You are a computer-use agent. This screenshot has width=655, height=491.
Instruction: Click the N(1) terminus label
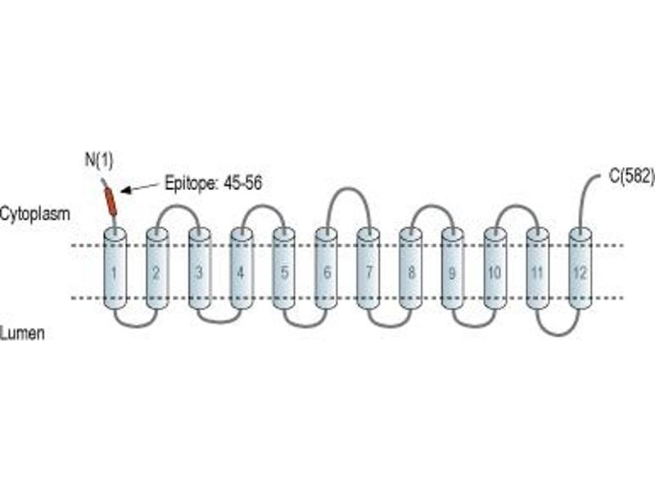tap(99, 160)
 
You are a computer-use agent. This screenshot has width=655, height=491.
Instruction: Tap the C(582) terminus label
tap(631, 176)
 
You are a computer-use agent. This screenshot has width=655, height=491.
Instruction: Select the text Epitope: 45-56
tap(214, 183)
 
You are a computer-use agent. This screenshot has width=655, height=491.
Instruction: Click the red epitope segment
tap(111, 201)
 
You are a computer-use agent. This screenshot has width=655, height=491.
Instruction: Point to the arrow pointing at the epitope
tap(140, 187)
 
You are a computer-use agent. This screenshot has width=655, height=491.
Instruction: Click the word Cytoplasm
tap(34, 214)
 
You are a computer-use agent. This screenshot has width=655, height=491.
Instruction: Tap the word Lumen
tap(22, 333)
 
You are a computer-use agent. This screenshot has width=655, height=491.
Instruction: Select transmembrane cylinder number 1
tap(115, 269)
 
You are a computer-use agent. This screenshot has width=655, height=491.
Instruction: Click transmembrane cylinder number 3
tap(199, 269)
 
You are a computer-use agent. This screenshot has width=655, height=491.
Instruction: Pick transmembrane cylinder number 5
tap(284, 269)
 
